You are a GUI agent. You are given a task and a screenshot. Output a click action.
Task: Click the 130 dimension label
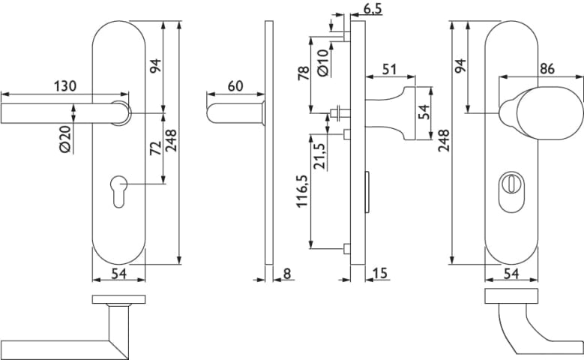[x=65, y=86]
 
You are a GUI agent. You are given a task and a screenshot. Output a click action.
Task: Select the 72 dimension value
[x=155, y=148]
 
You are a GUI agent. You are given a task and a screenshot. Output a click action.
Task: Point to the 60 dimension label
[x=235, y=86]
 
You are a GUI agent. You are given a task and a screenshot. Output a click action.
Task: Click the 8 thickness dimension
[x=287, y=274]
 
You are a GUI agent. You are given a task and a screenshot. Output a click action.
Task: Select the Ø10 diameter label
[x=323, y=61]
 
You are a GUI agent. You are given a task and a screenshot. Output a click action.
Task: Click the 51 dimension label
[x=390, y=69]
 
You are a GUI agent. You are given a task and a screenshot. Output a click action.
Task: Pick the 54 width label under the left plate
[x=118, y=274]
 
